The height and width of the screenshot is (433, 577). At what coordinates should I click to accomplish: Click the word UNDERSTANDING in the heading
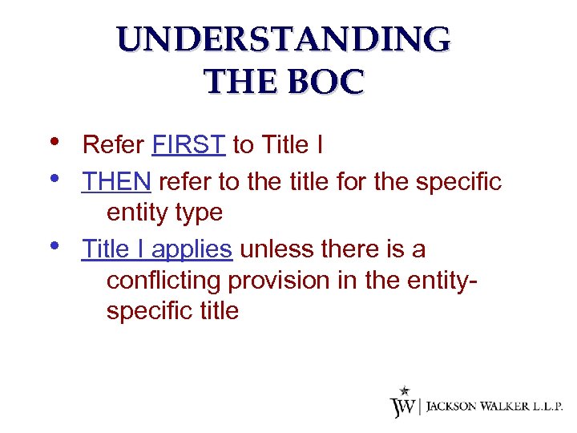[x=283, y=40]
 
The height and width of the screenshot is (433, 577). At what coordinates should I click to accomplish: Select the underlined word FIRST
[x=188, y=145]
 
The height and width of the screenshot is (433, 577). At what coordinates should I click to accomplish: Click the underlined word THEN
[x=116, y=182]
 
